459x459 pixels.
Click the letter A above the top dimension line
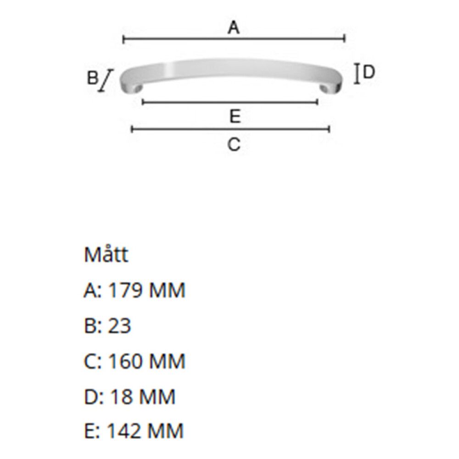pos(234,28)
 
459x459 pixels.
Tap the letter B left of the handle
pos(92,78)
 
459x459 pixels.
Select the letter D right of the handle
pos(369,72)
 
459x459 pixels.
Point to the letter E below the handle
pos(235,116)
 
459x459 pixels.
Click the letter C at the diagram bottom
pos(234,145)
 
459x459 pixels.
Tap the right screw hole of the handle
pos(324,88)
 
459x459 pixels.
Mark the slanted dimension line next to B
pos(106,80)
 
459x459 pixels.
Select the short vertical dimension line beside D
pos(357,74)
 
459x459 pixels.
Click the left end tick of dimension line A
pos(123,39)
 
